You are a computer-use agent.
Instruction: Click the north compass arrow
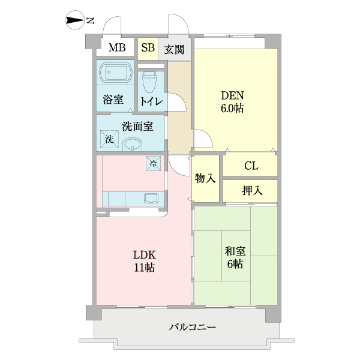pos(75,22)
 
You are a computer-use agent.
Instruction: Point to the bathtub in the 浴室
pos(115,75)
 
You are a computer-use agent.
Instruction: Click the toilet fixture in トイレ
pos(151,80)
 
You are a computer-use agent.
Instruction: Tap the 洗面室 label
pos(137,126)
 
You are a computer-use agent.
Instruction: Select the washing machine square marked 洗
pos(109,139)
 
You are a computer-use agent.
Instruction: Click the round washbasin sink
pos(132,145)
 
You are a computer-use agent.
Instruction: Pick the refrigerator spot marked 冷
pos(154,163)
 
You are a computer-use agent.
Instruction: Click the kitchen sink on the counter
pos(150,197)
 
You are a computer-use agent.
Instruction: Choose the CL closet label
pos(251,166)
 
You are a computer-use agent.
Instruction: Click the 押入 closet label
pos(251,191)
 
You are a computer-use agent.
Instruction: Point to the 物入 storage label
pos(205,179)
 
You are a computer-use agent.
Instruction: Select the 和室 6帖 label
pos(235,257)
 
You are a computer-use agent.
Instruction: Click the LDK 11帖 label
pos(144,260)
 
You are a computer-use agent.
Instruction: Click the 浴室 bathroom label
pos(113,100)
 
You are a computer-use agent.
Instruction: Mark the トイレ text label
pos(151,101)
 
